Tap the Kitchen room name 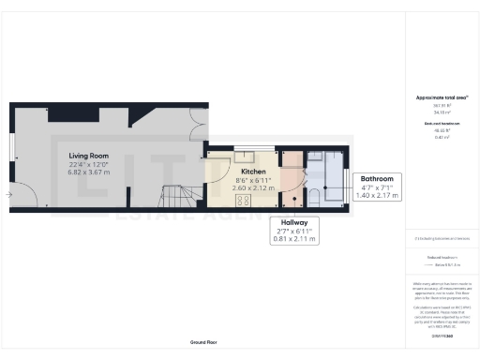253,172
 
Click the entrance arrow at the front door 8,195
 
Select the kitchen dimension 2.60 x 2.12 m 253,187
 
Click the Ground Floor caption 205,343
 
